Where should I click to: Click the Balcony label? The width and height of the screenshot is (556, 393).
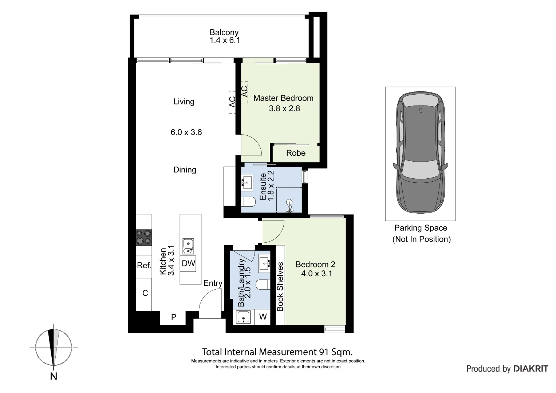pyautogui.click(x=224, y=32)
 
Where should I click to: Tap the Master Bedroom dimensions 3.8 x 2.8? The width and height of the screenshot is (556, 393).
pyautogui.click(x=284, y=108)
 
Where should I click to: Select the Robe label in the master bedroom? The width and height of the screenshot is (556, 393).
pyautogui.click(x=296, y=153)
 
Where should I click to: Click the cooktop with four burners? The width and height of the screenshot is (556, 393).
pyautogui.click(x=143, y=237)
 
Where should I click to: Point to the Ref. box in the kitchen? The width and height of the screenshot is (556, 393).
pyautogui.click(x=144, y=265)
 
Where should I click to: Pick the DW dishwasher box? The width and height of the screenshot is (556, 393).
pyautogui.click(x=189, y=263)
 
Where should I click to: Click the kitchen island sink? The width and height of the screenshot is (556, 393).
pyautogui.click(x=188, y=246)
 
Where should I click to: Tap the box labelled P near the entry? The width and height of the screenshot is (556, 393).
pyautogui.click(x=174, y=317)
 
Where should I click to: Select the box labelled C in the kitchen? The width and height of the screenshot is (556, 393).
pyautogui.click(x=145, y=293)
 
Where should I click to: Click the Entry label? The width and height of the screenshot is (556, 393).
pyautogui.click(x=213, y=283)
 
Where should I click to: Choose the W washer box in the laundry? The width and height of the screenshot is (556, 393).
pyautogui.click(x=263, y=317)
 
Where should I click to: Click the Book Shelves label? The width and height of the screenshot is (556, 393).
pyautogui.click(x=280, y=287)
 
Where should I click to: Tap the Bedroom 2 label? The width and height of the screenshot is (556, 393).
pyautogui.click(x=315, y=265)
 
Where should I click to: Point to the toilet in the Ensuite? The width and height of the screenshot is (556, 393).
pyautogui.click(x=249, y=202)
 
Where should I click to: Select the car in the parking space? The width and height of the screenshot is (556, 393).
pyautogui.click(x=421, y=153)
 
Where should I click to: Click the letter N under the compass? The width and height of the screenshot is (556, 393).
pyautogui.click(x=54, y=377)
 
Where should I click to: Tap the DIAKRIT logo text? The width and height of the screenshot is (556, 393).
pyautogui.click(x=531, y=369)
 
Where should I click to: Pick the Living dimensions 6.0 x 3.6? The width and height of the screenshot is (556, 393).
pyautogui.click(x=186, y=132)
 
